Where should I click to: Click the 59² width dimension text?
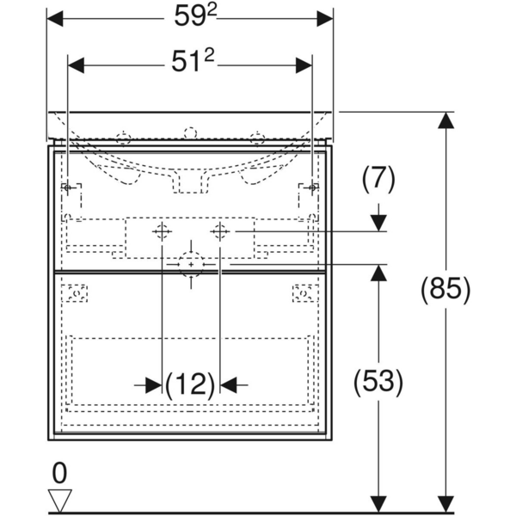189,16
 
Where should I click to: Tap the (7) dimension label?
378,178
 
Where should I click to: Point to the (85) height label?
445,289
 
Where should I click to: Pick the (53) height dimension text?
377,382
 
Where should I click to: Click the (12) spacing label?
190,384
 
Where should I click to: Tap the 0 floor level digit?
58,472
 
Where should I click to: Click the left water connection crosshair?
162,231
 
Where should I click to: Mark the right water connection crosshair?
219,231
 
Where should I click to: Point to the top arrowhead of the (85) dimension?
445,121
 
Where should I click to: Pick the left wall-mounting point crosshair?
67,187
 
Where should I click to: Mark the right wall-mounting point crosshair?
313,187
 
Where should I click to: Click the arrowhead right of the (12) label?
231,384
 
